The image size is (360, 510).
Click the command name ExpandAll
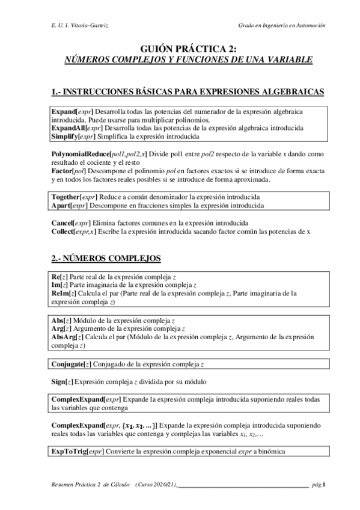pos(68,128)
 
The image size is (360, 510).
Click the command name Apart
pos(62,205)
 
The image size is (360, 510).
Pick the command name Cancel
pos(62,223)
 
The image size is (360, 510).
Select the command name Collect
pos(63,232)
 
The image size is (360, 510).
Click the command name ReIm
pos(61,293)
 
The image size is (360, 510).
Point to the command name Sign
pos(59,382)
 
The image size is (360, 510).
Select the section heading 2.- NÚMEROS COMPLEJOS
pos(106,259)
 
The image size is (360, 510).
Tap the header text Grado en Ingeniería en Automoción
pos(282,26)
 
